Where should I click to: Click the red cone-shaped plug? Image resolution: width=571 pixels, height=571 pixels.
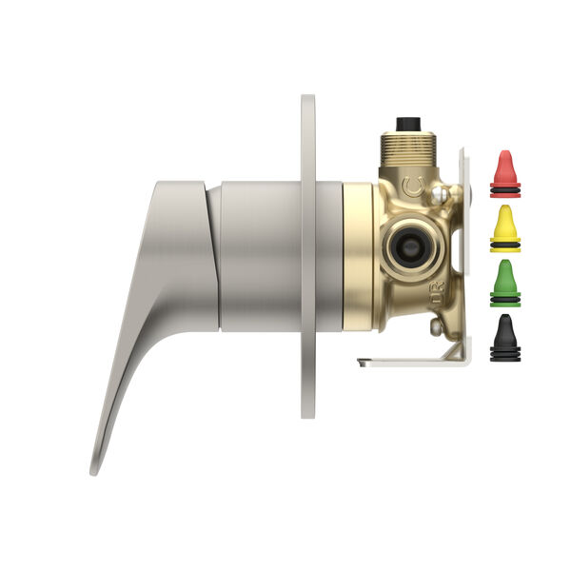click(504, 171)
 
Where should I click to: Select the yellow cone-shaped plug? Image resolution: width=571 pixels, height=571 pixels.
click(504, 226)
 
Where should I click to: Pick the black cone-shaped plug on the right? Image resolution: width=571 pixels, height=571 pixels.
click(504, 338)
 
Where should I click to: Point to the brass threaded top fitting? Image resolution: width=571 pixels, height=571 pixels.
click(408, 148)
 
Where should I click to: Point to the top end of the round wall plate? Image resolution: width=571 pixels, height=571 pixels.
click(307, 100)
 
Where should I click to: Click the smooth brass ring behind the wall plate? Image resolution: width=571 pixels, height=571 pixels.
click(359, 257)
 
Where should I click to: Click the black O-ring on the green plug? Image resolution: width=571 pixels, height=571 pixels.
click(504, 300)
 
